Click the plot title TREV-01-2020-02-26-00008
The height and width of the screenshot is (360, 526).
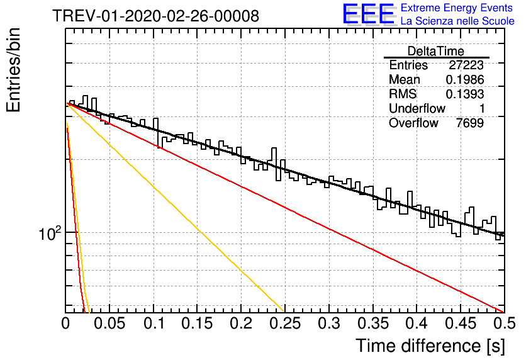[x=155, y=16]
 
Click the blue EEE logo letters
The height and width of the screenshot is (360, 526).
[x=368, y=14]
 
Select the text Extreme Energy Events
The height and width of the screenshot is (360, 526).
[x=457, y=8]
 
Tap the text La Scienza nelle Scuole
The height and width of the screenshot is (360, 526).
[x=457, y=21]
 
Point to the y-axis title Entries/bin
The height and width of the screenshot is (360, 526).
[x=13, y=70]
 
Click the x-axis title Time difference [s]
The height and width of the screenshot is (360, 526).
[x=430, y=346]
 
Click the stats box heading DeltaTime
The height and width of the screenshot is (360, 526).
[x=435, y=51]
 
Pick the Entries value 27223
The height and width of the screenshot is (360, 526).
[x=466, y=65]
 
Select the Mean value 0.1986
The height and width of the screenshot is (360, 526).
[x=465, y=79]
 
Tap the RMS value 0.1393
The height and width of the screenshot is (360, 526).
[x=465, y=94]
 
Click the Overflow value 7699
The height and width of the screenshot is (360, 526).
[x=469, y=123]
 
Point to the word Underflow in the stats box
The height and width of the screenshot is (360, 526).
[x=417, y=108]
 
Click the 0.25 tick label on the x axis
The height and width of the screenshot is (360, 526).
[x=285, y=323]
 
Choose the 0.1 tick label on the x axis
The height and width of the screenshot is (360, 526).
[x=154, y=323]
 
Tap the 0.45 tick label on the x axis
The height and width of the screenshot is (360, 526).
[x=461, y=323]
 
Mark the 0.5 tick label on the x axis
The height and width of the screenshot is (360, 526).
[x=505, y=323]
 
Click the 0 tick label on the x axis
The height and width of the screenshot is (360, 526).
[x=65, y=323]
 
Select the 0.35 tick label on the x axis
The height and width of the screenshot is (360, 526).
[x=373, y=323]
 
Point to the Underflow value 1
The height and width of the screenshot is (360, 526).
[x=481, y=108]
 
